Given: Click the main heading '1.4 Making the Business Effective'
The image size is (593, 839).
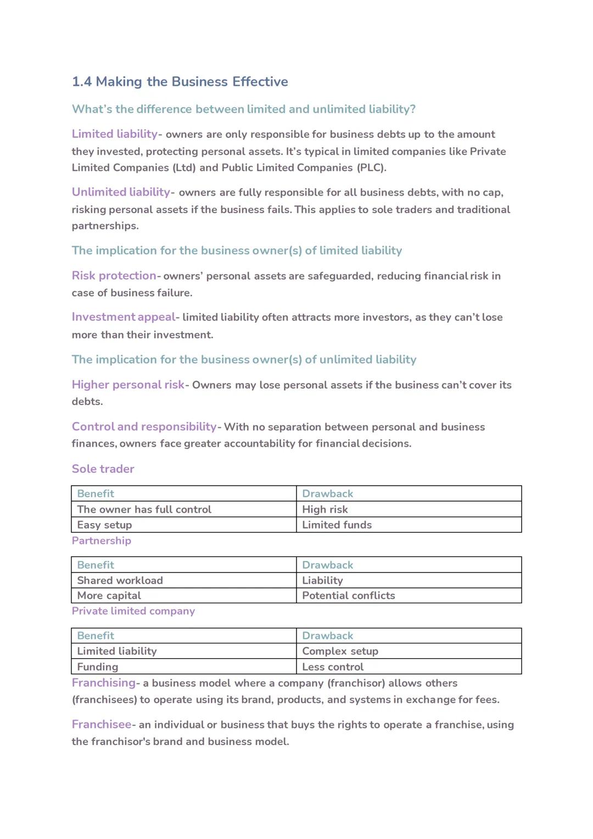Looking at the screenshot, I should pos(180,82).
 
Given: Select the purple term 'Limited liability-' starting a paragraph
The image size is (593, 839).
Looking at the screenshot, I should pos(116,134).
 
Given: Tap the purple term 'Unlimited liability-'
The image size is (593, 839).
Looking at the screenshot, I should pos(122,192).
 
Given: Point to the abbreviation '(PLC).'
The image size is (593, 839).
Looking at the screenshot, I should pos(372,168).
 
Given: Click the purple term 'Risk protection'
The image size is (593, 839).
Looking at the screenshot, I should pos(114,276).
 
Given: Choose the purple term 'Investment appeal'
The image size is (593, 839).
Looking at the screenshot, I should pos(124,317).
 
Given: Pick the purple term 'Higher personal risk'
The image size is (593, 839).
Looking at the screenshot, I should pos(128,385).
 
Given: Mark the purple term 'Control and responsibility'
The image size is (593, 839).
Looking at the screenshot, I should pos(144,427).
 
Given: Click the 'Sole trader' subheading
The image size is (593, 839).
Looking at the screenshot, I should pos(103,469).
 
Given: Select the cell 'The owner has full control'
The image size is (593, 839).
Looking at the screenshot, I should pos(144,509).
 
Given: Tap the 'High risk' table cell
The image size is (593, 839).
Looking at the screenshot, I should pos(325,509).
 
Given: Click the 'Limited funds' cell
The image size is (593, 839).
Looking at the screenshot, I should pos(337,525).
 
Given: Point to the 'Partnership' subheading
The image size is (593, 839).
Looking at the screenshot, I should pos(101,541).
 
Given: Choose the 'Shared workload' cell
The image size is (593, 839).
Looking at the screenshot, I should pos(120,580).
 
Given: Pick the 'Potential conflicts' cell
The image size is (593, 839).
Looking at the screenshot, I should pos(348,596).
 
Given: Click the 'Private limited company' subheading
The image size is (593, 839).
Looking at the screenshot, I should pos(133,611).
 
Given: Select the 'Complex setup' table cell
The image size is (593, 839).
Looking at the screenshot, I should pos(340,651).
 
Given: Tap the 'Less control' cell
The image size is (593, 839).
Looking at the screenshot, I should pos(332,666).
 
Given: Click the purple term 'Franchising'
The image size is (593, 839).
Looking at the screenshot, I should pos(103,683).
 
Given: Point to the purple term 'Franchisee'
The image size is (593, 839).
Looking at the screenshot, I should pos(102,725).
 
